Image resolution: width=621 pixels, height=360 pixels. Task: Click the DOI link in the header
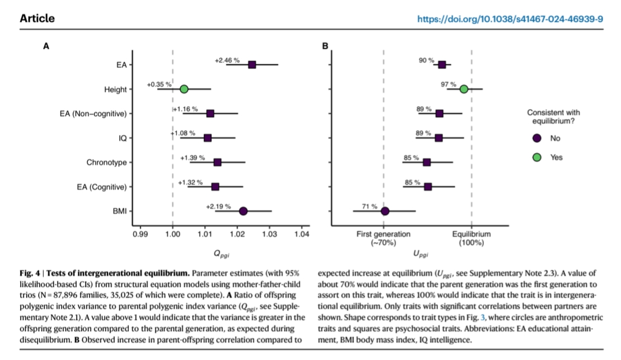click(510, 18)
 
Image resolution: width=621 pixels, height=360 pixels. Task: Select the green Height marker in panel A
click(184, 89)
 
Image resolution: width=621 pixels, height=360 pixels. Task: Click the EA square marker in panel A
click(252, 65)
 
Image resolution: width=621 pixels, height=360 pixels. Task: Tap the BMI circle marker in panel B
click(385, 211)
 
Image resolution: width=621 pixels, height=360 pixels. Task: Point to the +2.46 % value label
click(227, 60)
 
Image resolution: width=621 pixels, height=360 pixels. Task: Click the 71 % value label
click(370, 206)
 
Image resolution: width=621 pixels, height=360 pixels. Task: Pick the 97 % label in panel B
click(448, 84)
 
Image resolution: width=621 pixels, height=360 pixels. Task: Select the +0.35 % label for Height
click(159, 84)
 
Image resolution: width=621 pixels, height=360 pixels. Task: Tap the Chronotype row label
click(106, 162)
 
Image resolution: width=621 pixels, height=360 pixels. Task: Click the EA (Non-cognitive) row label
click(93, 114)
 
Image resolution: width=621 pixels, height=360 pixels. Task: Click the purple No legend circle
click(536, 138)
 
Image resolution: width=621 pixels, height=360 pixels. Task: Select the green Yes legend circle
click(536, 157)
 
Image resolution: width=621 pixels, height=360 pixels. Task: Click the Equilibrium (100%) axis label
click(472, 239)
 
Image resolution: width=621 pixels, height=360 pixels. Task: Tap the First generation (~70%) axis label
click(383, 239)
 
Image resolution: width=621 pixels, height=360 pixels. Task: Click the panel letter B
click(325, 46)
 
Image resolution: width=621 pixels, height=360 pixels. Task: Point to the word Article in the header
click(37, 18)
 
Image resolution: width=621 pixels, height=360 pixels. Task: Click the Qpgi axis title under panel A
click(220, 254)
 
